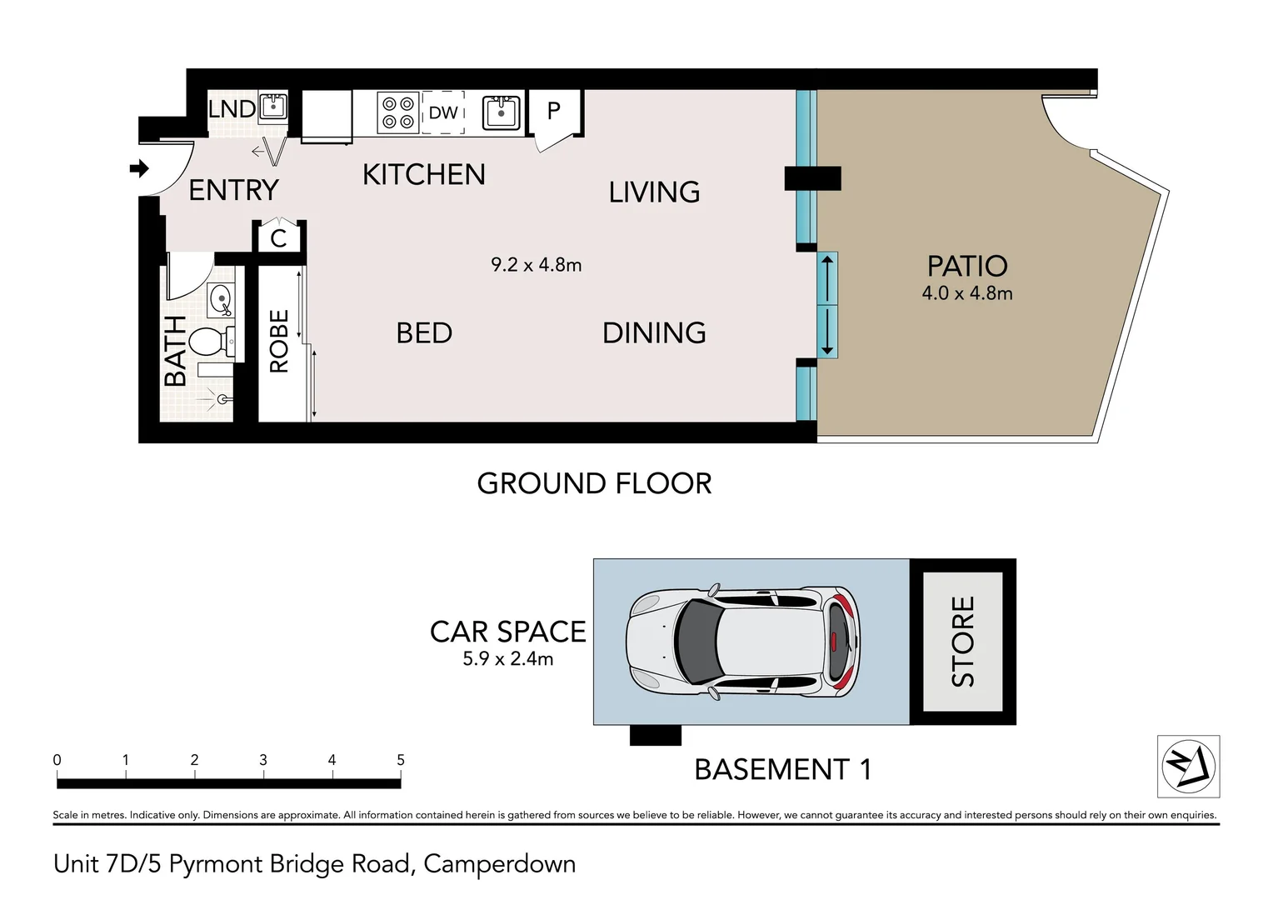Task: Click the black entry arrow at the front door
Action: (x=139, y=169)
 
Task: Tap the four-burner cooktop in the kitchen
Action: (x=397, y=112)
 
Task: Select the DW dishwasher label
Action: (x=443, y=112)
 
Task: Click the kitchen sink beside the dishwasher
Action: (x=502, y=113)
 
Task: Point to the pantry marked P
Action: (x=554, y=111)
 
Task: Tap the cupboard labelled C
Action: (x=278, y=238)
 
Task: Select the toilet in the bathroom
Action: (x=208, y=341)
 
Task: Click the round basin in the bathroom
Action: (x=221, y=299)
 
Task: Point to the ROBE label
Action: (x=279, y=341)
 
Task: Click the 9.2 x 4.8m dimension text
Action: (x=536, y=265)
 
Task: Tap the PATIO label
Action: (x=967, y=267)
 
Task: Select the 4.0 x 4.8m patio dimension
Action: (x=967, y=293)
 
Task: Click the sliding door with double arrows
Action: (x=826, y=306)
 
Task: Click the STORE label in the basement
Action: (x=962, y=641)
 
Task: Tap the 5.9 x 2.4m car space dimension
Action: (x=507, y=659)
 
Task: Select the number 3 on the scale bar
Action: (x=263, y=760)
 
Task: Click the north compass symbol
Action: (x=1188, y=767)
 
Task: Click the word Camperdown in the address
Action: (x=499, y=864)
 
